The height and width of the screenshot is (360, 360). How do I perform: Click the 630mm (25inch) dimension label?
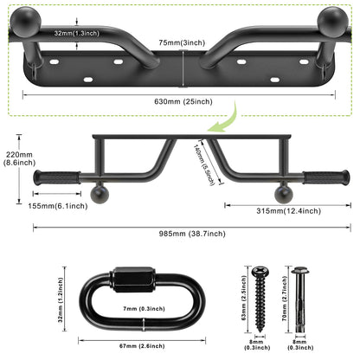point(183,101)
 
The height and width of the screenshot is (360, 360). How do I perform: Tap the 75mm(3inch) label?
point(182,42)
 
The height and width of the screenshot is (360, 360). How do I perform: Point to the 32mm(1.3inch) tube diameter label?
point(77,33)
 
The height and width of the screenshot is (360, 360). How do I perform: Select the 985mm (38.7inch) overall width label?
point(192,234)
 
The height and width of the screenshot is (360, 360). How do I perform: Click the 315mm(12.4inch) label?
point(288,211)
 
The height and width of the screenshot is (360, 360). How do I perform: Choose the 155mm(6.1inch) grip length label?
point(58,206)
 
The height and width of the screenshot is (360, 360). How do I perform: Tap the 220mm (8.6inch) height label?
point(19,158)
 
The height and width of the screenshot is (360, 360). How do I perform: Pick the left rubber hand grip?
point(57,177)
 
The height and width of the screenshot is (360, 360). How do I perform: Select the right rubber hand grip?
point(326,177)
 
